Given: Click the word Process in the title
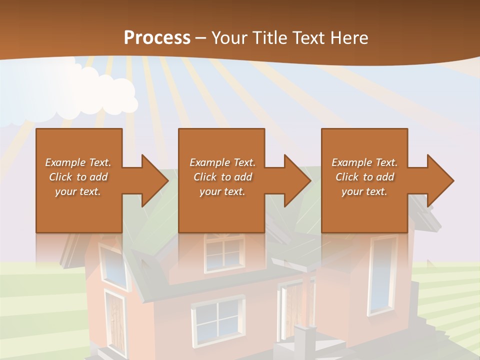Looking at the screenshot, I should [157, 38].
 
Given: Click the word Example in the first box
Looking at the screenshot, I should [65, 162].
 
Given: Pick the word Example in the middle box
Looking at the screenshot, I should [210, 162].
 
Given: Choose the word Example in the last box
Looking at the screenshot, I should [352, 162].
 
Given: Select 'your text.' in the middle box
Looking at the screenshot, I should [222, 191].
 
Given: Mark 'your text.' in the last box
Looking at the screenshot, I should [364, 191].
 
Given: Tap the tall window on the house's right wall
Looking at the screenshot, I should [382, 275].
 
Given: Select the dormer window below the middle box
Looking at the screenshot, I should [224, 254].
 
